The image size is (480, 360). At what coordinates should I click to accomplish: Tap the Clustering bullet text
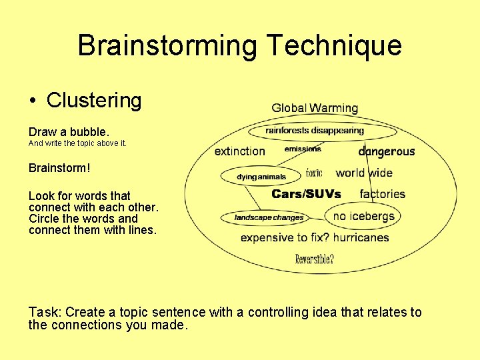click(x=94, y=101)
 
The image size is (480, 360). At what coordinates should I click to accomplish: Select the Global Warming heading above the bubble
click(x=315, y=108)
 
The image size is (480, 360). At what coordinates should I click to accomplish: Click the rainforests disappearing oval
click(x=315, y=131)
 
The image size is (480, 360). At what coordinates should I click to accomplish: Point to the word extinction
click(x=240, y=151)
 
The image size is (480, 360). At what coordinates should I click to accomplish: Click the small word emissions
click(x=303, y=149)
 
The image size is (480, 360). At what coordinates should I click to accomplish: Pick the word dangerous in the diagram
click(x=387, y=151)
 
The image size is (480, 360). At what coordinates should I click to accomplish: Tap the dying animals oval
click(x=261, y=177)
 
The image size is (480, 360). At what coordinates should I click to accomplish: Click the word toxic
click(x=314, y=173)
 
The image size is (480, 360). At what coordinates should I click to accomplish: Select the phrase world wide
click(x=364, y=173)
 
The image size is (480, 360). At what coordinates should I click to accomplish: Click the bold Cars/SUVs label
click(x=307, y=194)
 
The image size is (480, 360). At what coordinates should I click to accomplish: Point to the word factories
click(x=383, y=194)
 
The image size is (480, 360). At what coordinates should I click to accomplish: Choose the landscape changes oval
click(x=269, y=217)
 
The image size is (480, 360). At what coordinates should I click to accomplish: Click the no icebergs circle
click(x=364, y=216)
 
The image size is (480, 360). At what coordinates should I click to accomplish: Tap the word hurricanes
click(x=361, y=237)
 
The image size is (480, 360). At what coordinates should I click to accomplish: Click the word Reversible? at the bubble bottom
click(x=315, y=259)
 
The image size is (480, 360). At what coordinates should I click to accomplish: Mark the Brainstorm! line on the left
click(x=59, y=168)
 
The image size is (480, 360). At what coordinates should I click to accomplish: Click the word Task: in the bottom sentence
click(x=45, y=312)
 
